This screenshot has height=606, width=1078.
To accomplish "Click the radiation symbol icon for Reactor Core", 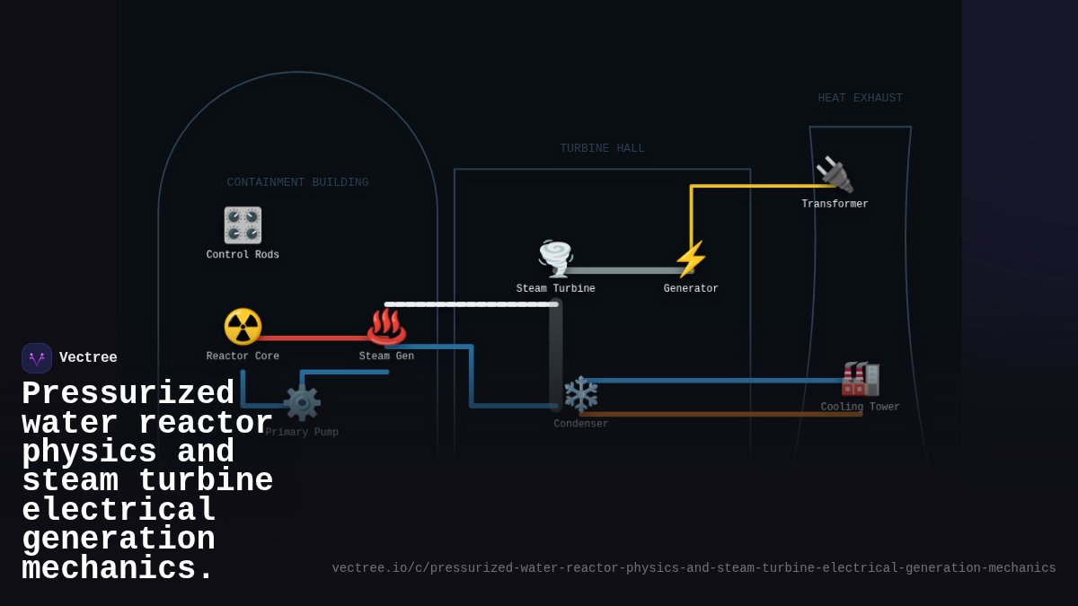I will (243, 327).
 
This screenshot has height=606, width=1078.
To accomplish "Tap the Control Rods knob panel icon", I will (243, 225).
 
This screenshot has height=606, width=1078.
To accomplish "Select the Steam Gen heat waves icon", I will (386, 327).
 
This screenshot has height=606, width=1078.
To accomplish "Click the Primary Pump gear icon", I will (302, 403).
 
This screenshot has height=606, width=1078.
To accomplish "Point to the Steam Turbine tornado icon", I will (555, 259).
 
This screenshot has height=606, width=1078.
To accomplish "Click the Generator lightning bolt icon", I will (691, 259).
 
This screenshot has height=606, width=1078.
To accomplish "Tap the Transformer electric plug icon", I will (835, 175).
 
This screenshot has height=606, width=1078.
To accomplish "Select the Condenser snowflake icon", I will (580, 395).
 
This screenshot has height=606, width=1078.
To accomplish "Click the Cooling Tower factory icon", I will (860, 378).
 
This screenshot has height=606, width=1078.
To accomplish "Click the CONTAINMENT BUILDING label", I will (297, 182).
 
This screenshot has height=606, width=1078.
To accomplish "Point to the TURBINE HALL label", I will (602, 148).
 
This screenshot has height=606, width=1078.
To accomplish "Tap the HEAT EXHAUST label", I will (860, 98).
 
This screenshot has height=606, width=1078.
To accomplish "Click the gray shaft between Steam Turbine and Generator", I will (624, 270).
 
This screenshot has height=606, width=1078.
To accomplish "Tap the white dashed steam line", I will (467, 304).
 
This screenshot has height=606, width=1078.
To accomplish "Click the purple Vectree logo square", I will (37, 358).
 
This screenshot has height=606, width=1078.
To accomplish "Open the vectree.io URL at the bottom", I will (694, 568).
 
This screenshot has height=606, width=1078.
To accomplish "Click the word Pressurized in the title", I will (128, 394).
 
